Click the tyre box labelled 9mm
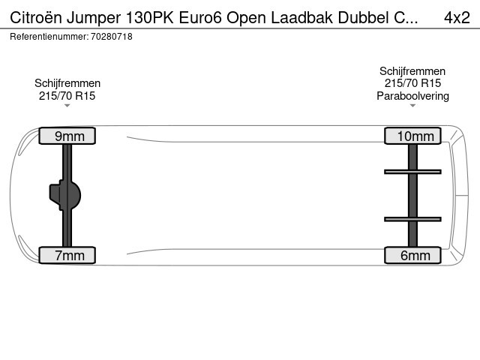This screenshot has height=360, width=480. (x=67, y=136)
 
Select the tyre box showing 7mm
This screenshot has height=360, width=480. (x=67, y=255)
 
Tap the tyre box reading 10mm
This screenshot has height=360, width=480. (x=412, y=136)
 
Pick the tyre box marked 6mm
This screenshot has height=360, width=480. (x=412, y=255)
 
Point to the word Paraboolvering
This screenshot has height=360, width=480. (x=412, y=96)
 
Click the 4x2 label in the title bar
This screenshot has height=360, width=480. (x=457, y=17)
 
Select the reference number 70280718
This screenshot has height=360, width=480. (x=112, y=37)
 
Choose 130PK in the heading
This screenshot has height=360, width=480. (x=150, y=17)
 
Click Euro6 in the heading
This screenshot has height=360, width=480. (x=200, y=17)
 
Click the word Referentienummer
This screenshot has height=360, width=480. (x=49, y=37)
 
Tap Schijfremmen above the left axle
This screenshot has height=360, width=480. (x=67, y=83)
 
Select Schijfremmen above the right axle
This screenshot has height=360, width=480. (x=412, y=71)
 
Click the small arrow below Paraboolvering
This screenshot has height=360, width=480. (x=412, y=106)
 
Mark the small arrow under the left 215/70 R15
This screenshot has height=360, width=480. (x=67, y=106)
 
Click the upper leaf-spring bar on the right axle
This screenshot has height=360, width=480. (x=412, y=172)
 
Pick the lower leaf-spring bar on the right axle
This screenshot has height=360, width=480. (x=412, y=219)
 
